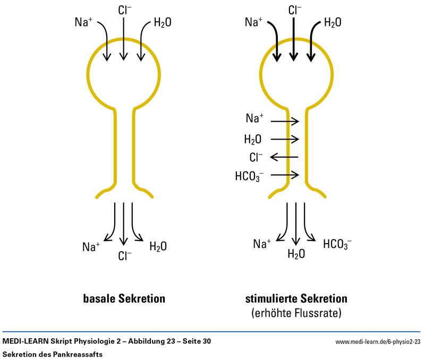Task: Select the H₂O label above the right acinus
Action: coord(333,22)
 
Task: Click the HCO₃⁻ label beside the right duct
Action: coord(250,176)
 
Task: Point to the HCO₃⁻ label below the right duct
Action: coord(337,244)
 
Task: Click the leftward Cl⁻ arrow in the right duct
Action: coord(284,157)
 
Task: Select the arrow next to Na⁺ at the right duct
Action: coord(285,121)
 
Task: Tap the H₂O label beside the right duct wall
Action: coord(253,140)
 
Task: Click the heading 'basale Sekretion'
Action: coord(124,298)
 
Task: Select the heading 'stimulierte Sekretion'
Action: coord(296,298)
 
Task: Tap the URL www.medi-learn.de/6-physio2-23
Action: coord(378,341)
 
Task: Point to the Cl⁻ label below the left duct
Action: coord(124,255)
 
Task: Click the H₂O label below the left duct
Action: coord(158,246)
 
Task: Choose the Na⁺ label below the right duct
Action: coord(262,244)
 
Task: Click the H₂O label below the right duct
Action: coord(296,254)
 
